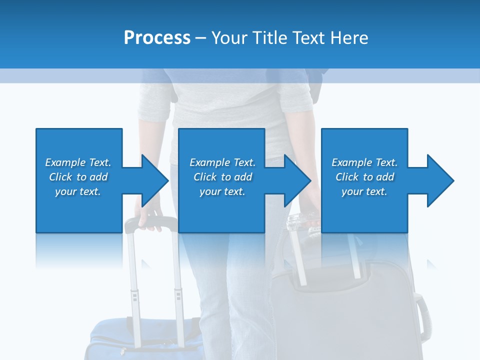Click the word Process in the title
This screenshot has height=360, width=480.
(x=157, y=38)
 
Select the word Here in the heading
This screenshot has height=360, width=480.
(x=349, y=38)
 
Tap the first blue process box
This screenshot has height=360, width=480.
(x=79, y=210)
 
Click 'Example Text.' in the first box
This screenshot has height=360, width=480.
(x=78, y=162)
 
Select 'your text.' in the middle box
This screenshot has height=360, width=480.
(x=222, y=191)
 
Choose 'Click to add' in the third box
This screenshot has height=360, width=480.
(x=364, y=177)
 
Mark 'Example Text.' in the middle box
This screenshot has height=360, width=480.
(x=222, y=162)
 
